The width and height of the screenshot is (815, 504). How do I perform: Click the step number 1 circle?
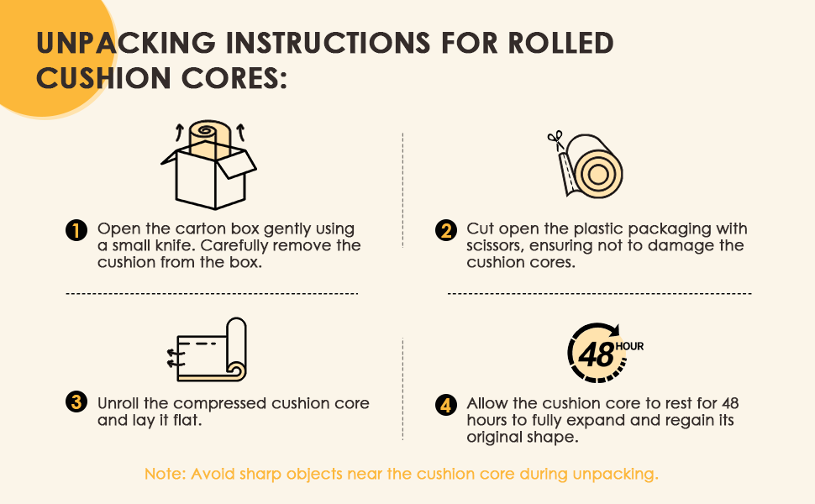[x=76, y=229]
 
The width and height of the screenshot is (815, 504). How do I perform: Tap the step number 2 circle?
[x=446, y=229]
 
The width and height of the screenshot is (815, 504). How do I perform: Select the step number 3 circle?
[x=76, y=402]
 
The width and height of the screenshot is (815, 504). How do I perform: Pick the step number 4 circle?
[x=446, y=405]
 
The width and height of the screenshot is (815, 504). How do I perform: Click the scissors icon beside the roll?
[x=555, y=139]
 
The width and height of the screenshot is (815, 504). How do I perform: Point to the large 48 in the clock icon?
[x=596, y=354]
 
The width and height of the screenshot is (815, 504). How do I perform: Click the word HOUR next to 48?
[x=629, y=347]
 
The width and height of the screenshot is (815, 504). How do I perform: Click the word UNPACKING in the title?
[x=125, y=43]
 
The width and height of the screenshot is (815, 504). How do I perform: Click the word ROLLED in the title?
[x=560, y=43]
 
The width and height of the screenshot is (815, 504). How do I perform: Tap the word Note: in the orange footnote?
[x=165, y=474]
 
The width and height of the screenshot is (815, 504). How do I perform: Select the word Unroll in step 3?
[x=118, y=403]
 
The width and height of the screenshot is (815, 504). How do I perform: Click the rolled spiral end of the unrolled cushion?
[x=236, y=370]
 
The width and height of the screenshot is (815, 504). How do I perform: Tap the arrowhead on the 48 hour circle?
[x=614, y=330]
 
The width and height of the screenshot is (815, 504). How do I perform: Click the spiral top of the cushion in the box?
[x=209, y=130]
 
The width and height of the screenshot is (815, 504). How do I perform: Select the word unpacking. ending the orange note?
[x=615, y=475]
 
